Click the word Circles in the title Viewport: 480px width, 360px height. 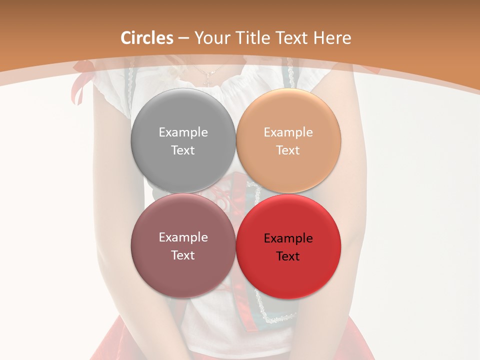[x=147, y=38]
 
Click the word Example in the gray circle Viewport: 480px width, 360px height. [x=183, y=132]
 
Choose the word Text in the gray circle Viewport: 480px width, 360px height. [x=183, y=150]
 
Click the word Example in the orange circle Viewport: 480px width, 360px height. [x=288, y=132]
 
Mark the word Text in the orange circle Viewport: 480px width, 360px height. [x=288, y=150]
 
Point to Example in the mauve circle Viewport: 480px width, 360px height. [x=183, y=237]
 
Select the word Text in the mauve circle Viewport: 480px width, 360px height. [x=183, y=255]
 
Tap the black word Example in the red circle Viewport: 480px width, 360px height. [x=288, y=238]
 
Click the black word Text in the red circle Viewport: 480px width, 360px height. [x=288, y=256]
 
